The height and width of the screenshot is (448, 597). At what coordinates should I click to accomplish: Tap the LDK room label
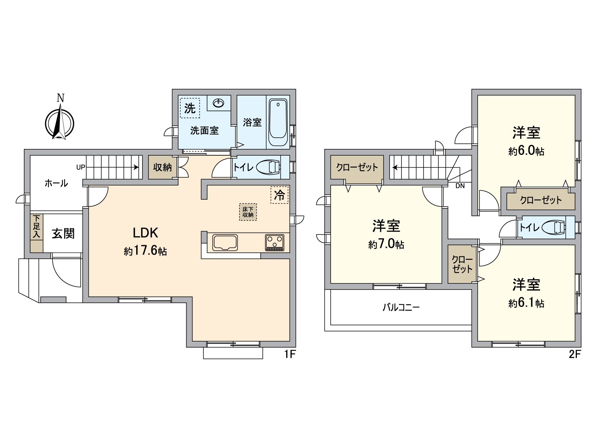point(146,233)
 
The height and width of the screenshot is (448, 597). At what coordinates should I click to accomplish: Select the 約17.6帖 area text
point(145,251)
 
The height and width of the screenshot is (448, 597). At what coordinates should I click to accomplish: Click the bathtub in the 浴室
point(278,123)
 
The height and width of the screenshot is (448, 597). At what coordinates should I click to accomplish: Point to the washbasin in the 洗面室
point(218,102)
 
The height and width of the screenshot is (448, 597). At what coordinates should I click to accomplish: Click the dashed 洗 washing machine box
point(190,108)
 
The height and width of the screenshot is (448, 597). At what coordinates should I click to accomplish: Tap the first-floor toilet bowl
point(269,167)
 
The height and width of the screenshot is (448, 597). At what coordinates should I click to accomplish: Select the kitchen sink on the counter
point(225,243)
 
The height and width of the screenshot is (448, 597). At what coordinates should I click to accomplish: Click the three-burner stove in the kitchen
point(275,243)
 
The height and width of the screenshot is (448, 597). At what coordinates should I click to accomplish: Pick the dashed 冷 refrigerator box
point(279,195)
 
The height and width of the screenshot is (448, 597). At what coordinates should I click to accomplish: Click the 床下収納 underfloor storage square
point(248,212)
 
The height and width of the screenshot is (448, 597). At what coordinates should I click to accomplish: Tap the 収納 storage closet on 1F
point(162,167)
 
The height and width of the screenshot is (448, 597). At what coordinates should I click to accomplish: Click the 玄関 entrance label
point(63,234)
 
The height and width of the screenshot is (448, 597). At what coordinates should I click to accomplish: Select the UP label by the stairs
point(81,167)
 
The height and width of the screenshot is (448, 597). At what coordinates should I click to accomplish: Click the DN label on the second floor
point(460,186)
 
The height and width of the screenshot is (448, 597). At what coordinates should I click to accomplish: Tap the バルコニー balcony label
point(401,307)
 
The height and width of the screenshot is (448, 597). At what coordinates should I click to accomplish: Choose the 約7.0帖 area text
point(386,245)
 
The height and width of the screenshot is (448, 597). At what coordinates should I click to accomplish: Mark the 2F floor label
point(575,354)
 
